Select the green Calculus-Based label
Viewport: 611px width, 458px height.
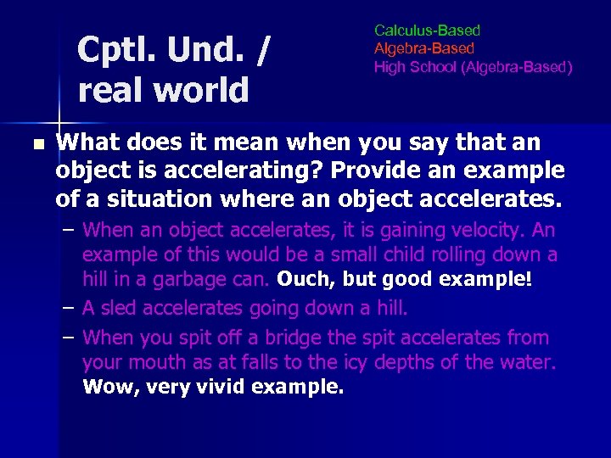(x=427, y=31)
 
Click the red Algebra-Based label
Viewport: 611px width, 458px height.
(x=424, y=48)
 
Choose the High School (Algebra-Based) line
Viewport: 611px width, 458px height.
(x=473, y=67)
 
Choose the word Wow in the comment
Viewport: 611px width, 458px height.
(x=104, y=388)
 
